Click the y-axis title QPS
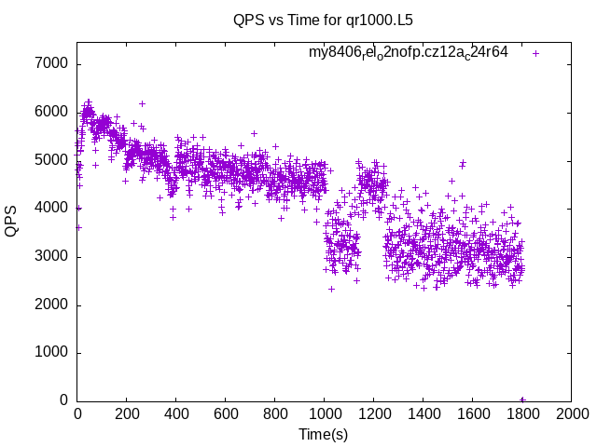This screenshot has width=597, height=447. [x=12, y=221]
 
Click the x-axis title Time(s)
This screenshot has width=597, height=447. [x=324, y=434]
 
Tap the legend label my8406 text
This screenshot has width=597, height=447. [x=408, y=52]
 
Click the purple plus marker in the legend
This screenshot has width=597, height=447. [x=535, y=53]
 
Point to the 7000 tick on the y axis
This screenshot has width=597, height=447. [x=52, y=64]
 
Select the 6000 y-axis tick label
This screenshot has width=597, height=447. [x=52, y=112]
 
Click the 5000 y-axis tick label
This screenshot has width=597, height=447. [x=52, y=160]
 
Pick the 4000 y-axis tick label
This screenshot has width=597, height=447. [x=52, y=209]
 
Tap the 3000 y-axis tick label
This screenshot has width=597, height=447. [x=52, y=256]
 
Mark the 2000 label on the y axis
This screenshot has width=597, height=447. [x=52, y=305]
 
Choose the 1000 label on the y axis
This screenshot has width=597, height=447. [x=52, y=353]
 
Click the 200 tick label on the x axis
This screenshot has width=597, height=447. [x=127, y=414]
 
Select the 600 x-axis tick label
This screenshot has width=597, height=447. [x=226, y=414]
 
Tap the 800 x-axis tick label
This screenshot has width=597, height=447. [x=275, y=414]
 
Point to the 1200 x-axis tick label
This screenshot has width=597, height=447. [x=374, y=414]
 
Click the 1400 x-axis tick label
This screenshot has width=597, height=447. [x=423, y=414]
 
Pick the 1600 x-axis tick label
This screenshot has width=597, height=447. [x=473, y=414]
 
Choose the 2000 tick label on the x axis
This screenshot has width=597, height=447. [x=572, y=414]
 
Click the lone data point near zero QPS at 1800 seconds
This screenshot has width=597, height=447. [x=522, y=400]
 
